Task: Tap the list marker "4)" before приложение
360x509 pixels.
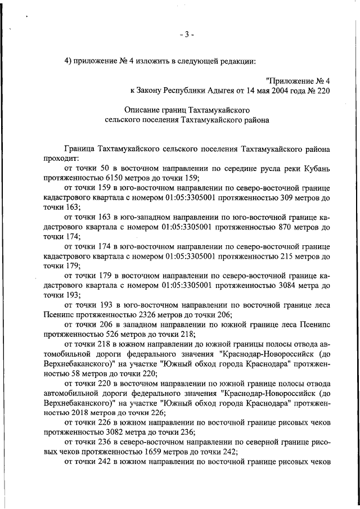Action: [x=70, y=62]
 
